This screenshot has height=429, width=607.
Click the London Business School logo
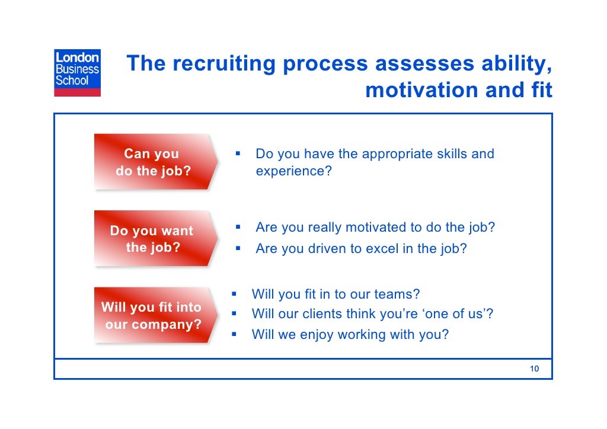[78, 72]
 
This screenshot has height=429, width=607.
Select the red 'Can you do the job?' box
[153, 162]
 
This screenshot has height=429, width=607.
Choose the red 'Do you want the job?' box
[152, 239]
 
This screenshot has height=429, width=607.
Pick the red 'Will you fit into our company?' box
[152, 315]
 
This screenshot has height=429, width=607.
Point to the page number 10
[534, 369]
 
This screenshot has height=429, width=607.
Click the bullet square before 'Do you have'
[237, 154]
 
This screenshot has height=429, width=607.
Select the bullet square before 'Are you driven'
[237, 248]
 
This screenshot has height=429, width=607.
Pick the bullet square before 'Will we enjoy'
[234, 334]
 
